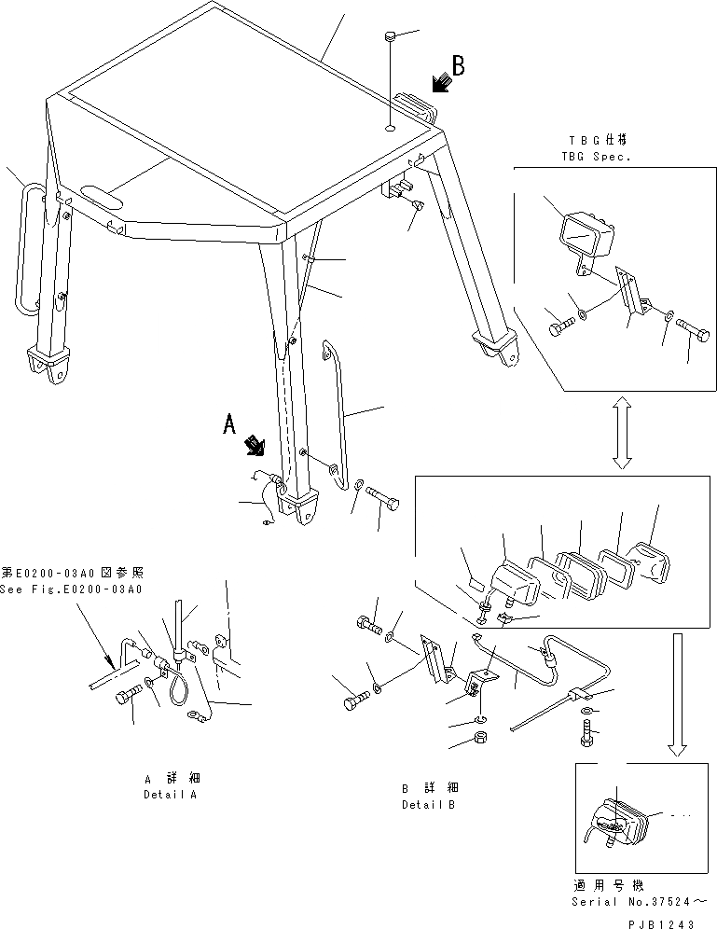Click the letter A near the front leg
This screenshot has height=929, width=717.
click(x=230, y=424)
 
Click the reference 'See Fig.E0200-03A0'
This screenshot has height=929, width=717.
click(x=72, y=589)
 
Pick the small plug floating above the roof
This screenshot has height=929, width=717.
click(x=391, y=37)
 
